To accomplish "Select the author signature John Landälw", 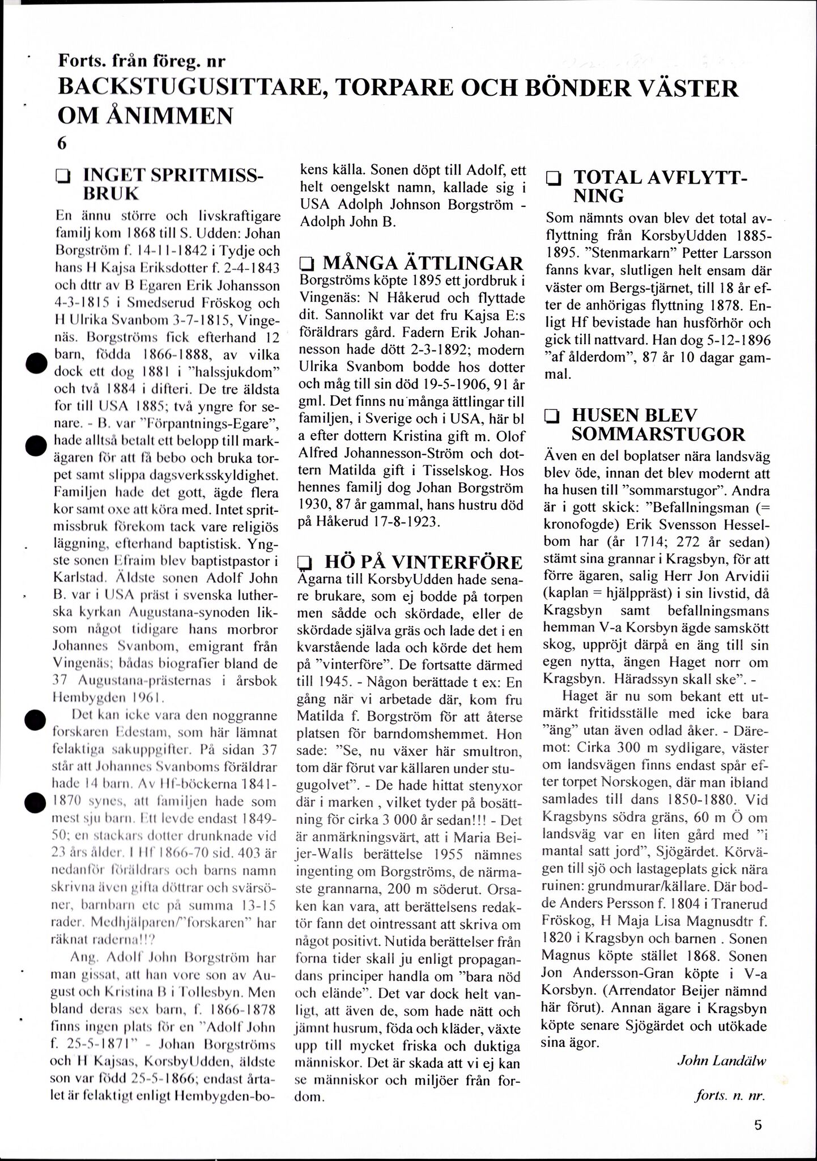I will tap(721, 1061).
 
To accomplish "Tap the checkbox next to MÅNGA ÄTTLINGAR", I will tap(307, 264).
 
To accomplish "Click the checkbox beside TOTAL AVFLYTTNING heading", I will tap(553, 179).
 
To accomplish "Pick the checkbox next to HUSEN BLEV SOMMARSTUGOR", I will tap(550, 417).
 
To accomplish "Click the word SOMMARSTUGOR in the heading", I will tap(658, 434).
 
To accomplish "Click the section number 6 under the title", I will tap(62, 143).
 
